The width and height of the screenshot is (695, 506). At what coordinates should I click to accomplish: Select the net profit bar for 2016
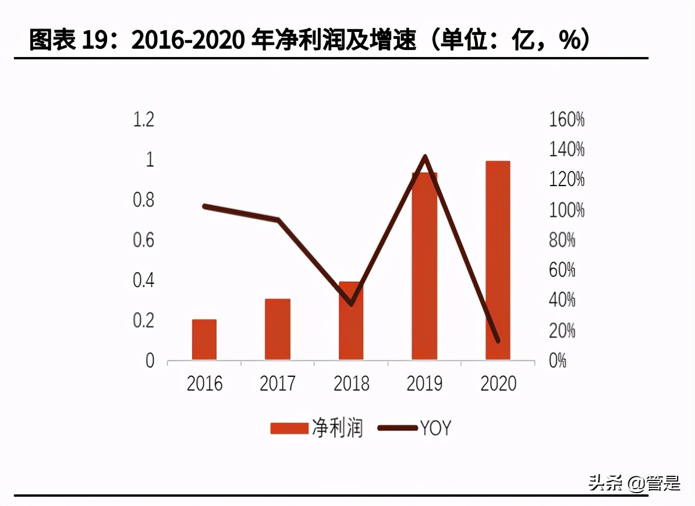204,340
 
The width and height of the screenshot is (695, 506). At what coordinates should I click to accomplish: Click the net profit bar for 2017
278,329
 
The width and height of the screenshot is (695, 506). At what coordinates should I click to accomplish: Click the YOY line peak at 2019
425,156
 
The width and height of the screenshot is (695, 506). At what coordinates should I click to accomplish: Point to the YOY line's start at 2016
204,206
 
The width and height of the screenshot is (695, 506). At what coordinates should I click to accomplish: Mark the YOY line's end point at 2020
498,341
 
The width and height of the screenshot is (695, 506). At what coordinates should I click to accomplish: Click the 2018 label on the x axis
351,384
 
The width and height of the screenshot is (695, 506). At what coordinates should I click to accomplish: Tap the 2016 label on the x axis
204,384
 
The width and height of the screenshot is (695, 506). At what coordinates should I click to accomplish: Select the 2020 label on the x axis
498,384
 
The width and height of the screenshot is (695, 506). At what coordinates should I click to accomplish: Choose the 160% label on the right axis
566,120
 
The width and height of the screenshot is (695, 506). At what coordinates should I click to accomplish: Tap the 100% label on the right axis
566,211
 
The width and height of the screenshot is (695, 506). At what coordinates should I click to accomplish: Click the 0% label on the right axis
557,361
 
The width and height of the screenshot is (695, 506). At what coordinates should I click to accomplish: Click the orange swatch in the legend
289,429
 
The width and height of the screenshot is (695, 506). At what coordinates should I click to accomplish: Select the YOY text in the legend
435,429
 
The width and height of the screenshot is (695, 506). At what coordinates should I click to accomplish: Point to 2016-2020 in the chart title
189,40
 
